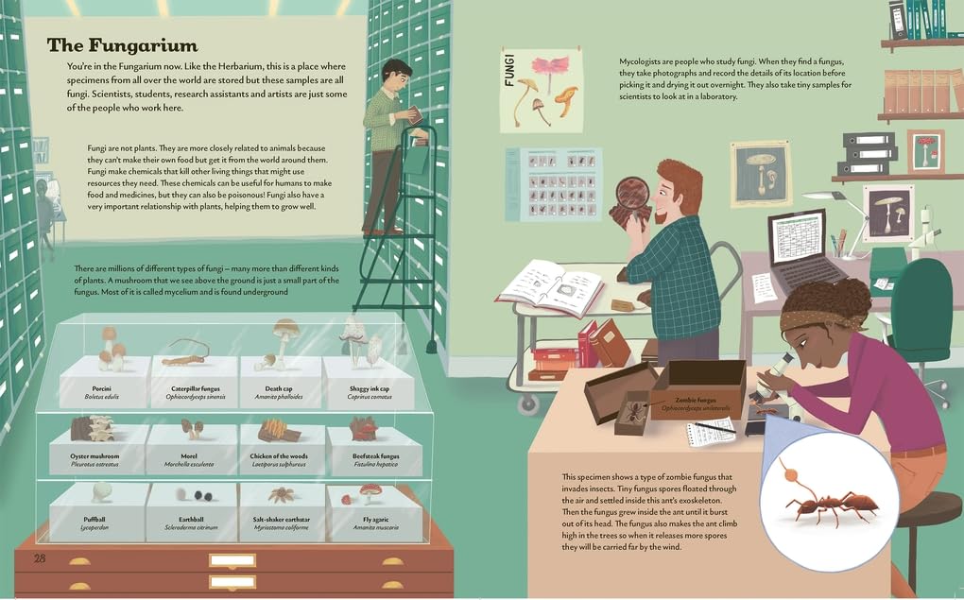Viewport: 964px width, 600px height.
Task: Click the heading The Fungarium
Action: tap(122, 45)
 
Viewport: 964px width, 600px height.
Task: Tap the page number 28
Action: tap(40, 558)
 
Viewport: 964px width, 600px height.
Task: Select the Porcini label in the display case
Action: tap(101, 392)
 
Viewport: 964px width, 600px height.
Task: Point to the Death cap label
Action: tap(279, 392)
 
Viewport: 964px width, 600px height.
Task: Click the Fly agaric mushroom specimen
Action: tap(370, 491)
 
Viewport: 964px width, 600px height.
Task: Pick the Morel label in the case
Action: tap(189, 460)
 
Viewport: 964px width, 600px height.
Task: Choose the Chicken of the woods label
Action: tap(279, 460)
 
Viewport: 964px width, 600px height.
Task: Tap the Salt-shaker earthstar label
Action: tap(281, 523)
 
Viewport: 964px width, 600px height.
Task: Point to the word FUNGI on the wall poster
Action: tap(509, 70)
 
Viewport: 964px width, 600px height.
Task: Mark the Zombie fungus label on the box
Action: tap(696, 403)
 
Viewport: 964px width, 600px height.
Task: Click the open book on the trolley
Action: tap(550, 287)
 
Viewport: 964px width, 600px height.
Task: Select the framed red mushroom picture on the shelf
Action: tap(925, 151)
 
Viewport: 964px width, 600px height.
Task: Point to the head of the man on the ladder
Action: tap(397, 73)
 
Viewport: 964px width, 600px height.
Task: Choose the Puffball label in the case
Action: tap(95, 523)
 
